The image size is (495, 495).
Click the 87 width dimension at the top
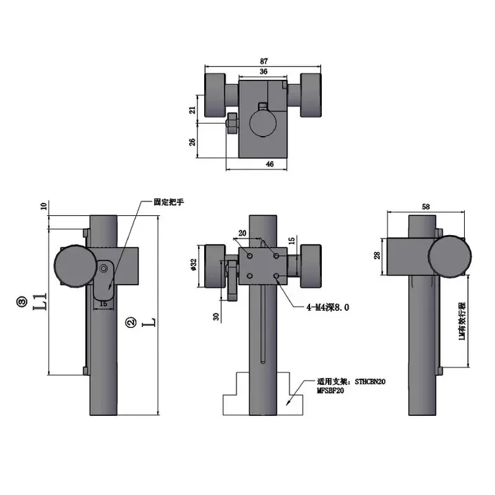(x=264, y=61)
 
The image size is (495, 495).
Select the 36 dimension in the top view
(x=263, y=71)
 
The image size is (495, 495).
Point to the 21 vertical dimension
(x=192, y=109)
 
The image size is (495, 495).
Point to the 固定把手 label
(x=170, y=203)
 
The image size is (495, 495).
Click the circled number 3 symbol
(x=22, y=300)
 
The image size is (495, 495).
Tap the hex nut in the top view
(x=231, y=123)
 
